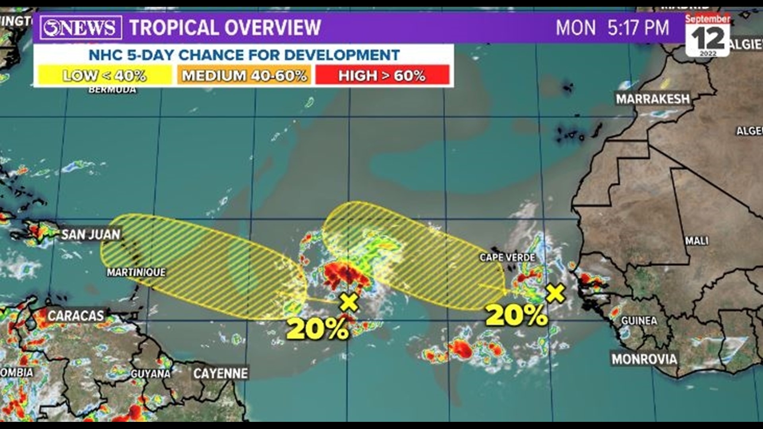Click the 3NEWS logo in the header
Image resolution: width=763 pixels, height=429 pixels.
(x=81, y=27)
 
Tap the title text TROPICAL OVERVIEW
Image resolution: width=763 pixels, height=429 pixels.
(x=225, y=27)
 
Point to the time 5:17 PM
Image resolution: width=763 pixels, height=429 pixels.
(x=638, y=28)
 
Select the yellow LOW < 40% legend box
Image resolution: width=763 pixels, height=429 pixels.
(x=104, y=75)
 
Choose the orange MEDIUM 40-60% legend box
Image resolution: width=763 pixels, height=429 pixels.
(x=244, y=75)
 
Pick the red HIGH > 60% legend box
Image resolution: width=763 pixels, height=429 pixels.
(x=382, y=75)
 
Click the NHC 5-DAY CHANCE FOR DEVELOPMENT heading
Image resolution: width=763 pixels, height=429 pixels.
(x=244, y=55)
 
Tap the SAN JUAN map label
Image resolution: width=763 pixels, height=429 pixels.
(x=91, y=234)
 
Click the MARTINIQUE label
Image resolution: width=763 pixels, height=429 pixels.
(x=136, y=272)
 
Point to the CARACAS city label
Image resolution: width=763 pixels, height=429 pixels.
(x=76, y=316)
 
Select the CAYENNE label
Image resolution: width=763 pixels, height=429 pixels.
(x=221, y=373)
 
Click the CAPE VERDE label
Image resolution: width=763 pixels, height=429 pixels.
(x=507, y=257)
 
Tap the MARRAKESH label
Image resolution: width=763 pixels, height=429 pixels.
(x=653, y=99)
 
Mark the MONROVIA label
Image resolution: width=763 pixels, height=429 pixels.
(x=644, y=359)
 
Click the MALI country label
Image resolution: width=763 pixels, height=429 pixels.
(x=697, y=240)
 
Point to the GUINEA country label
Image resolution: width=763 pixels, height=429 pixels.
(x=639, y=321)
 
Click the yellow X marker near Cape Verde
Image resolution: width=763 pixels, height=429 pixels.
(x=556, y=293)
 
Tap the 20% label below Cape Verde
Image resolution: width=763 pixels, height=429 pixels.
(x=516, y=315)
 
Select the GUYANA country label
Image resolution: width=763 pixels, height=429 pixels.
(x=150, y=374)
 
